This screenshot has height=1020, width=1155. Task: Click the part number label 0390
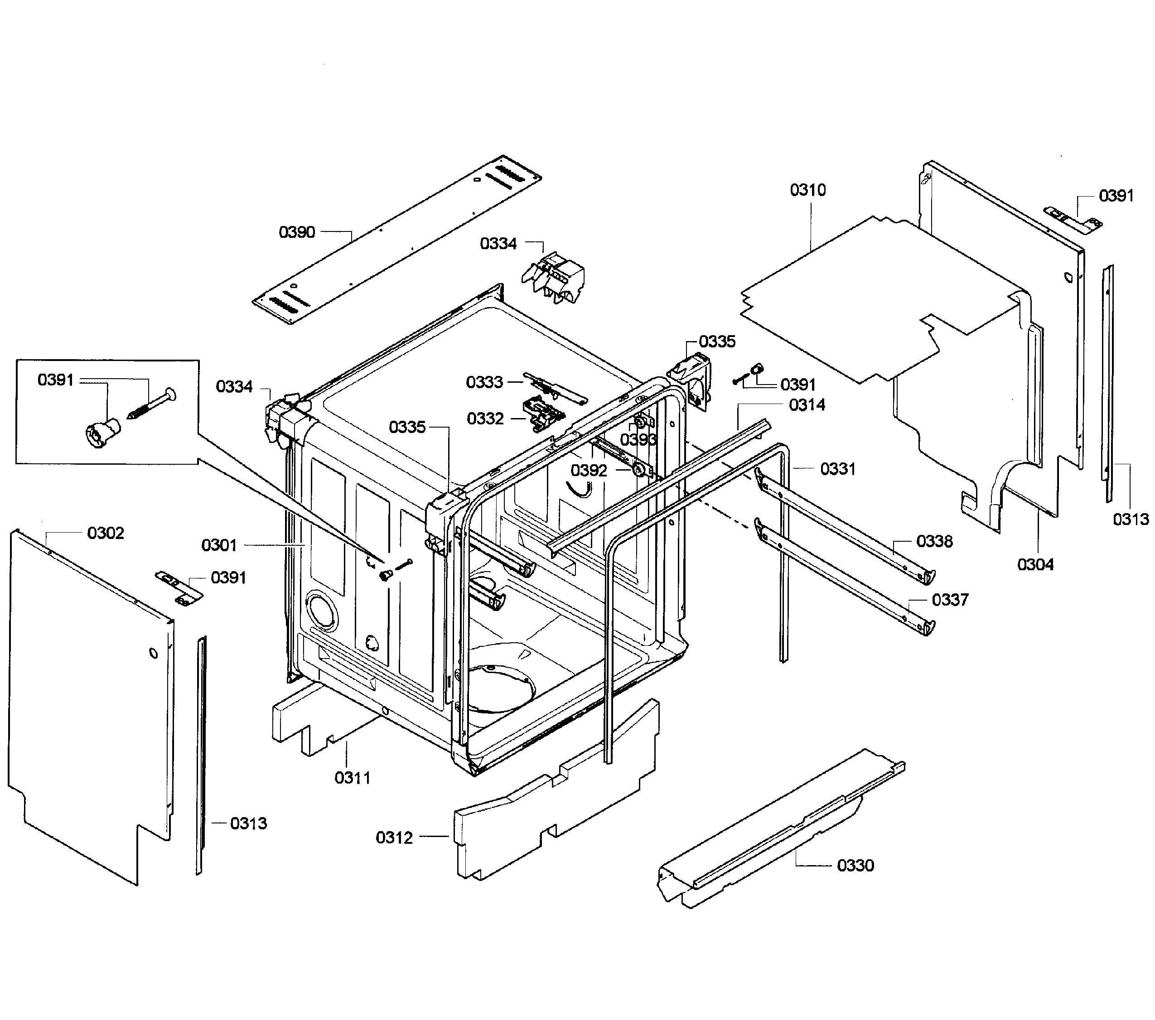click(297, 232)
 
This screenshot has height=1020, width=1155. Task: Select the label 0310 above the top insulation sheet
click(807, 190)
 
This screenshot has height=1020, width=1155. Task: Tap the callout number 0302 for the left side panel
click(105, 533)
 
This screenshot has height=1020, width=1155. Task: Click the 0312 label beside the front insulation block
click(394, 837)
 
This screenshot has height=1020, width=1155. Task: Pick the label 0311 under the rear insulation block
click(353, 778)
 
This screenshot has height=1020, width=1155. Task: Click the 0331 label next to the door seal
click(837, 469)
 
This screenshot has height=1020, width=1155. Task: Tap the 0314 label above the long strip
click(807, 405)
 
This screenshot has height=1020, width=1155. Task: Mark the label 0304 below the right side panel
click(1035, 564)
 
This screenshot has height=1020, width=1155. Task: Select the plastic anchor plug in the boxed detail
click(98, 434)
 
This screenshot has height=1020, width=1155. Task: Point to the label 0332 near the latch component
click(485, 419)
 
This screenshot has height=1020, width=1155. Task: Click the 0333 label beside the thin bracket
click(484, 382)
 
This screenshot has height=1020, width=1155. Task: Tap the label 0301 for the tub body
click(219, 546)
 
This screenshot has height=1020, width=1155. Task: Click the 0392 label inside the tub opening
click(588, 471)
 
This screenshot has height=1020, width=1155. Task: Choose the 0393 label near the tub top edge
click(638, 439)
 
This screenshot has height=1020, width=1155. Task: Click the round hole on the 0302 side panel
click(153, 654)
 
